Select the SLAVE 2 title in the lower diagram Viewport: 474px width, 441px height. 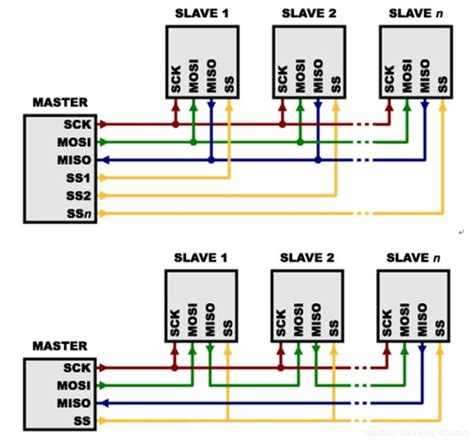[309, 256]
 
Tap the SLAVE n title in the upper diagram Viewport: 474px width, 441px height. [415, 12]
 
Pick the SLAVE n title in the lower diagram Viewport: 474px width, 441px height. [415, 256]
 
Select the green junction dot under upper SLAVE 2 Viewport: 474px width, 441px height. [301, 143]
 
